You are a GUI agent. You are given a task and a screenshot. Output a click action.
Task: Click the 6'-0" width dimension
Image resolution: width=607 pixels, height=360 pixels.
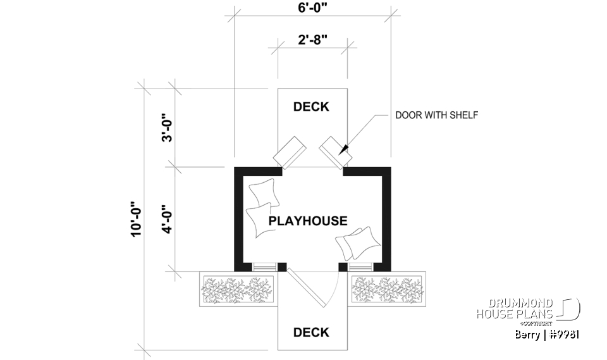tap(312, 9)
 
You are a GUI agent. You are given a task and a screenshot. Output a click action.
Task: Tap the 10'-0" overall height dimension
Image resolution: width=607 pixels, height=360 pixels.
tap(135, 220)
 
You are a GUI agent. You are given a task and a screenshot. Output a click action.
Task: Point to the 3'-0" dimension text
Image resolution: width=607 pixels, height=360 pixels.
tap(167, 128)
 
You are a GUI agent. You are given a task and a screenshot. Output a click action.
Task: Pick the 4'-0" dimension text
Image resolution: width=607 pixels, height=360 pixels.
tap(167, 219)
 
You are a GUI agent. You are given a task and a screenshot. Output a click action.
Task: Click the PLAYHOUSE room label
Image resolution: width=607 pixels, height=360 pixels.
tap(308, 221)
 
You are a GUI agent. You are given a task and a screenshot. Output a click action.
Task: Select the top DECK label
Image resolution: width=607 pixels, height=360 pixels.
tap(311, 107)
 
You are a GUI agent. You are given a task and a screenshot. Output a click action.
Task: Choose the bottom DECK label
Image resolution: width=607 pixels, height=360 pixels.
tap(311, 332)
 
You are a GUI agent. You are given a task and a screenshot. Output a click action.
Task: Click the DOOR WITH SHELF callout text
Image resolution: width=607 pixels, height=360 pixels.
tap(436, 115)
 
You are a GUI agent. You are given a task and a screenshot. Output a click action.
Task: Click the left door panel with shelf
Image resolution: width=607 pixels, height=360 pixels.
tap(288, 152)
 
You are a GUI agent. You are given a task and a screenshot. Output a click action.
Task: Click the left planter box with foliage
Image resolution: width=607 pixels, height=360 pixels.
tap(238, 289)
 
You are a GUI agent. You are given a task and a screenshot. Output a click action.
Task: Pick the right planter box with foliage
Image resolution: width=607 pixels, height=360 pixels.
tap(388, 289)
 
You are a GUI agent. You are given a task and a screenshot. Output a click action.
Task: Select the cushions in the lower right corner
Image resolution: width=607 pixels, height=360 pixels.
tap(357, 242)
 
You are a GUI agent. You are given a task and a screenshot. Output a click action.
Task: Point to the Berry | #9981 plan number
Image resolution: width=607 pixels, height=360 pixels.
tap(548, 334)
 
